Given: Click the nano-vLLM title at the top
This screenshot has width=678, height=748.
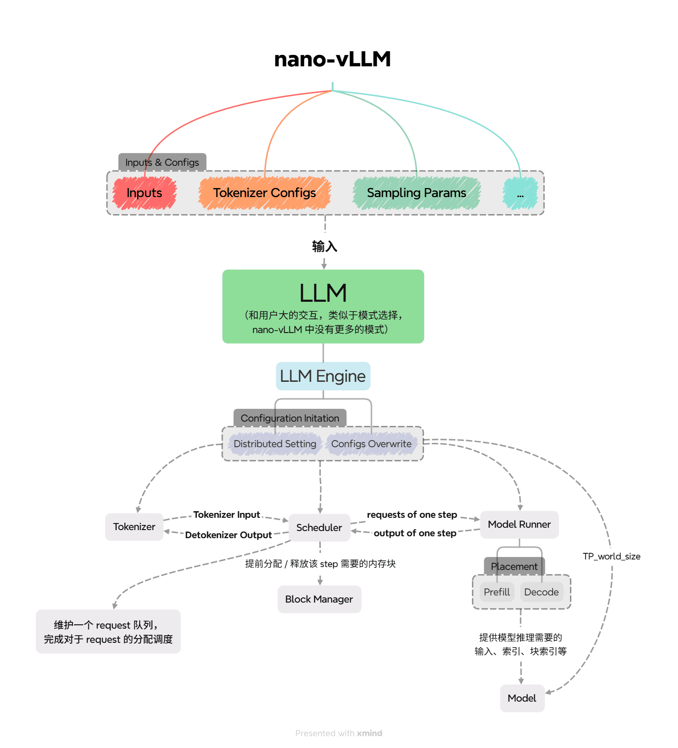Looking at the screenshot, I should [x=332, y=59].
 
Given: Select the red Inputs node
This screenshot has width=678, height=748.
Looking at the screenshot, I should [x=145, y=193].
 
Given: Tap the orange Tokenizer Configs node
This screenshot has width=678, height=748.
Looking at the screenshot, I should [x=264, y=193].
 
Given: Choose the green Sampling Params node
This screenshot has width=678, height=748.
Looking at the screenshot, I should [x=416, y=193].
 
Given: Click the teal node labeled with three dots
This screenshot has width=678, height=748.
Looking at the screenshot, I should [x=520, y=194].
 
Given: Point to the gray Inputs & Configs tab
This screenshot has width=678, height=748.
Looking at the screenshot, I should [x=162, y=162].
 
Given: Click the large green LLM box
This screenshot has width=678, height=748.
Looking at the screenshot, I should [x=323, y=306].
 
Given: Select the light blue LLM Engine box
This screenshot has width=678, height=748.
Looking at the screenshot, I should [x=323, y=376].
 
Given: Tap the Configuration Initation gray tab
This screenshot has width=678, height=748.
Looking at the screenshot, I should [x=290, y=418].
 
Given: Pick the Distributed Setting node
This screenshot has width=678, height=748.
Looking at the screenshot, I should [x=275, y=444].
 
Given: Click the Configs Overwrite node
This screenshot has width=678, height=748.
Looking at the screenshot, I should [x=371, y=444].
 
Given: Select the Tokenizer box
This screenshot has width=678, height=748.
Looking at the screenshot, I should [x=134, y=527].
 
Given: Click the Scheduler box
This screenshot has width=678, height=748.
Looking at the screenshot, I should [x=319, y=528].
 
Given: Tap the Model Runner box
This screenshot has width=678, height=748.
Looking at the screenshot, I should [x=519, y=524].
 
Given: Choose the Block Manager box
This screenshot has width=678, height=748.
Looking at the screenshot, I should [x=319, y=599].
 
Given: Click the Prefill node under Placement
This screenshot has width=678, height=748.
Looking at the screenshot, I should [x=497, y=592].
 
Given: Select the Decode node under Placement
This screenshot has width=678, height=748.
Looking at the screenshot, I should [x=542, y=592].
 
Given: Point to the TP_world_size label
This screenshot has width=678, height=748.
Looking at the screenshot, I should [x=611, y=556].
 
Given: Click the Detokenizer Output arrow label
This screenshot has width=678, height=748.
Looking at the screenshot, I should [x=228, y=535].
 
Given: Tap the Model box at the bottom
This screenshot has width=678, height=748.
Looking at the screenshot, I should [x=522, y=698].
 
